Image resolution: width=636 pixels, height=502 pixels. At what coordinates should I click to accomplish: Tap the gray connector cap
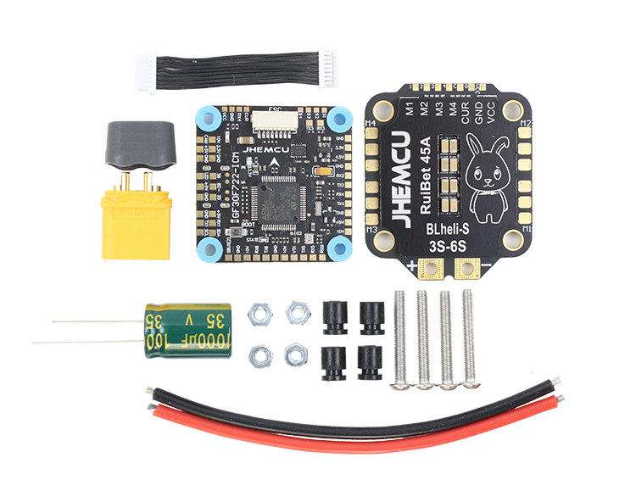(139, 147)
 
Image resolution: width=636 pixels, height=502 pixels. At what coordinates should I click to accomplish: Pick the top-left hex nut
(257, 315)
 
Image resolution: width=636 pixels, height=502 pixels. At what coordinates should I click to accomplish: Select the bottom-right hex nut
(294, 355)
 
